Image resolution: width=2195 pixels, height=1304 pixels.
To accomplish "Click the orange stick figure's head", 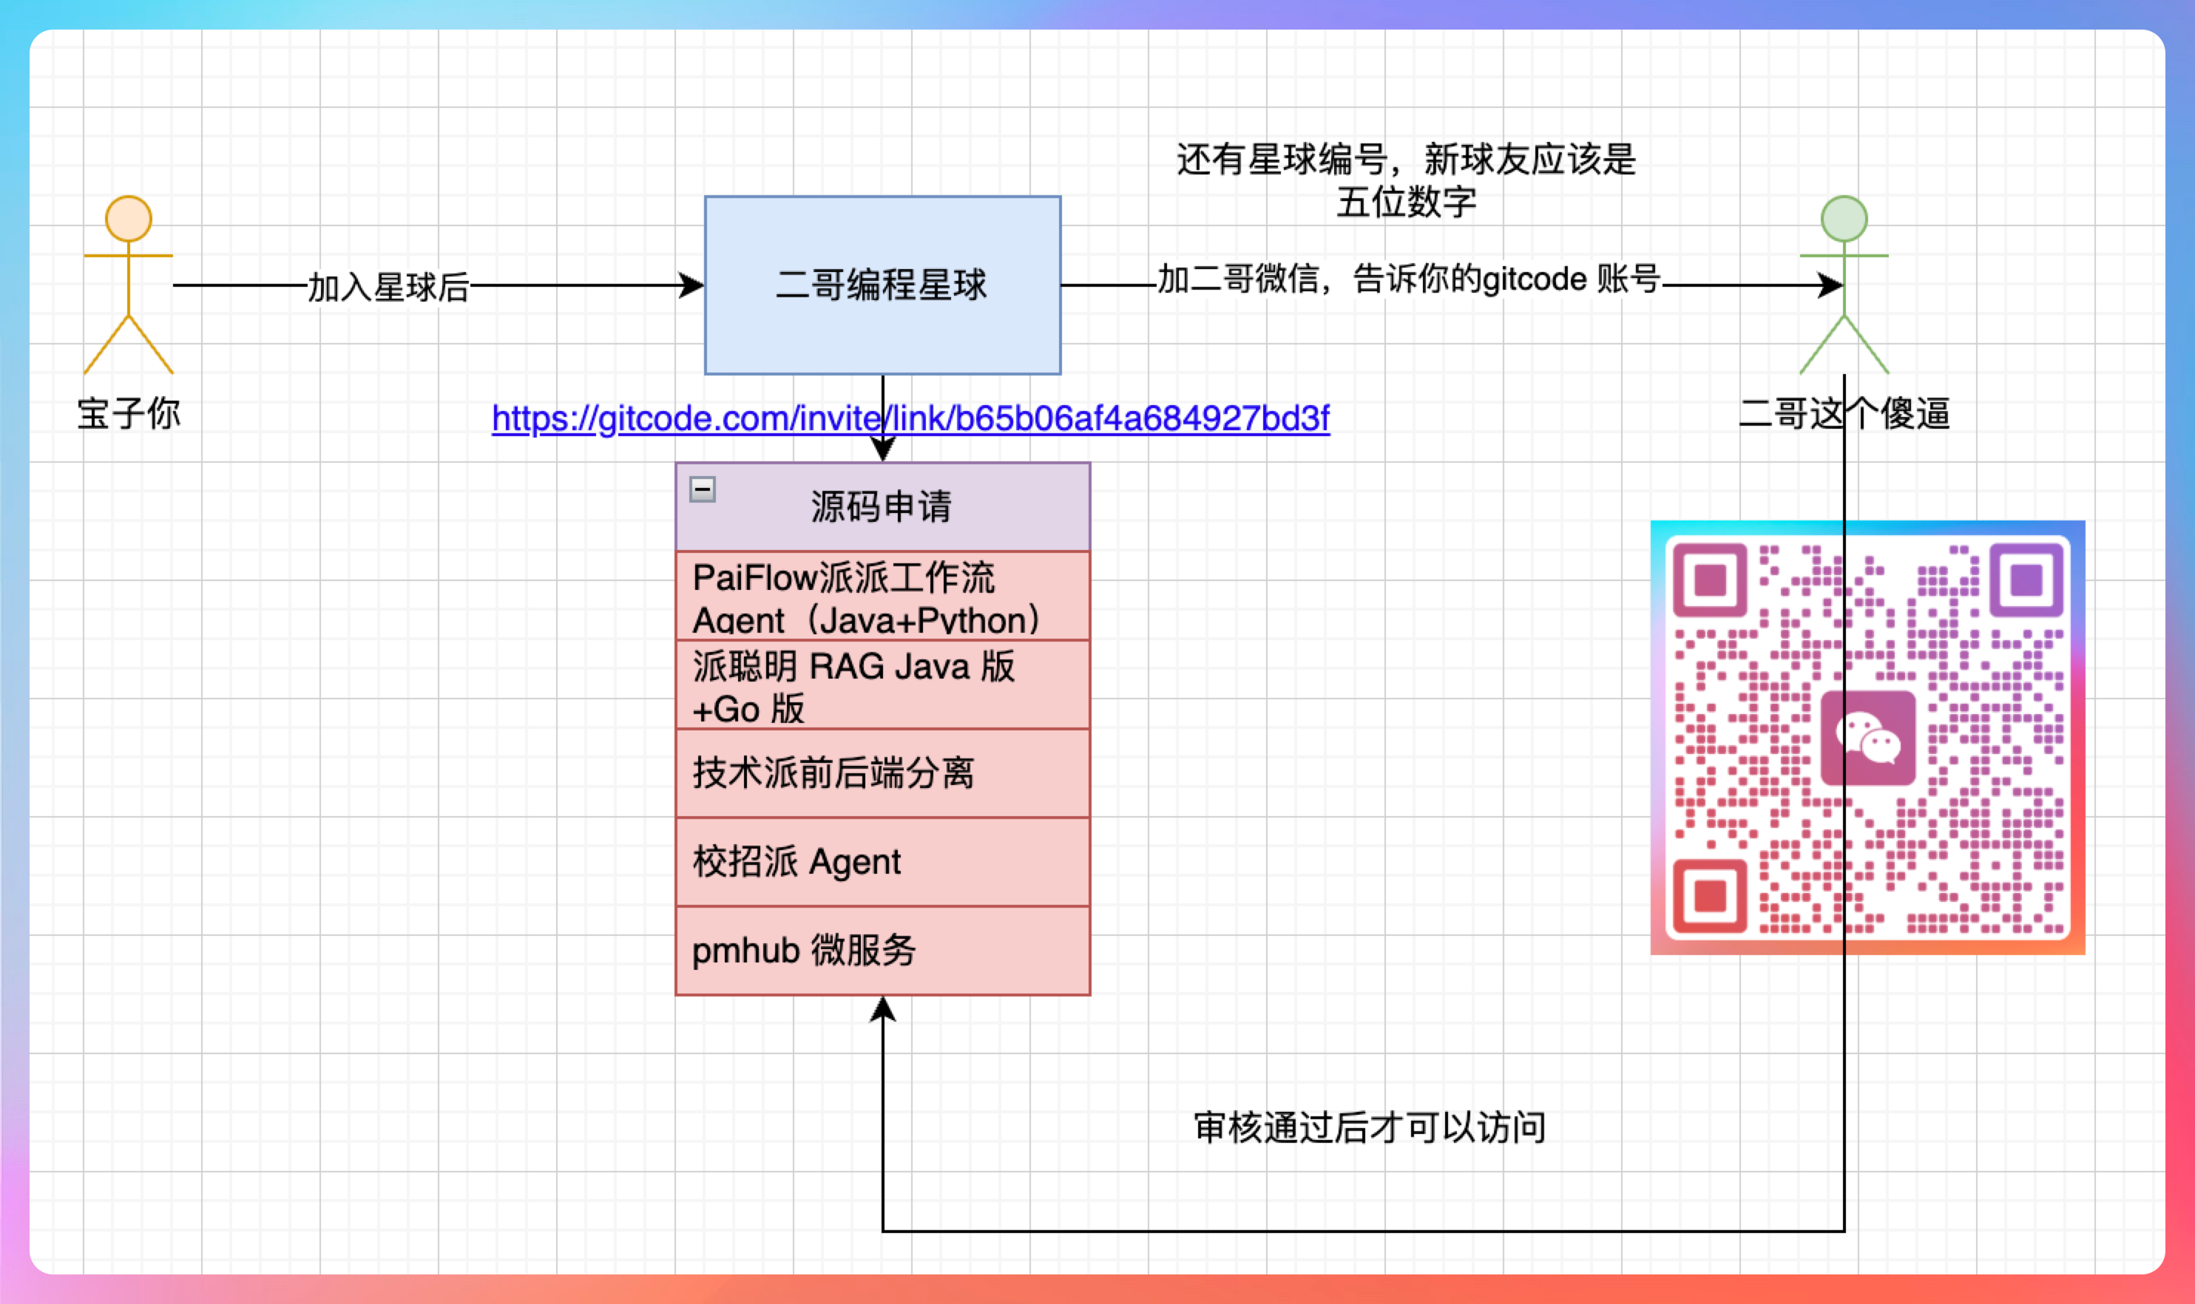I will point(129,219).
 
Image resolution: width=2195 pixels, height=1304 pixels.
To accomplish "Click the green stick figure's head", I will point(1844,219).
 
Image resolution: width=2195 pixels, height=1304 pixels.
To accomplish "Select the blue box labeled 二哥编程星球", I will point(882,325).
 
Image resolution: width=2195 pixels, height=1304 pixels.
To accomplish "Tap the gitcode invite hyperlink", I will point(910,418).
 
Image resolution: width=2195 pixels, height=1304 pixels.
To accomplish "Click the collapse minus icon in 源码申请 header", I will point(703,489).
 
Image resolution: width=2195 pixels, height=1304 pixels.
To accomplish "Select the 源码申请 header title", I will point(881,507).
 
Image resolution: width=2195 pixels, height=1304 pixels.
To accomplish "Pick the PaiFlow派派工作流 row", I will point(882,597).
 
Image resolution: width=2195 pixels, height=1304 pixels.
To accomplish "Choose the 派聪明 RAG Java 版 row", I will point(882,685).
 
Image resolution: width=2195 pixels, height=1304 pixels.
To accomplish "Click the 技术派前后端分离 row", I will point(882,773).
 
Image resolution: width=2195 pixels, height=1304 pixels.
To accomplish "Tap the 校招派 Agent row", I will point(882,862).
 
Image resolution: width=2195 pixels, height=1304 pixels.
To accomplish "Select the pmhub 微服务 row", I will point(882,951).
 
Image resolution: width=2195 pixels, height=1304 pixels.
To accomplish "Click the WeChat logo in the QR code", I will point(1868,738).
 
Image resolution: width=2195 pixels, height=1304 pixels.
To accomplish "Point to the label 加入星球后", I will point(388,287).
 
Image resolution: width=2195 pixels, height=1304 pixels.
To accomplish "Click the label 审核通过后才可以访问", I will point(1369,1127).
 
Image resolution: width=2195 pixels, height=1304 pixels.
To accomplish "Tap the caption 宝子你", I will point(129,413).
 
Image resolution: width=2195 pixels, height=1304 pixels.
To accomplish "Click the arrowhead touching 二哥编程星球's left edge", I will point(691,285).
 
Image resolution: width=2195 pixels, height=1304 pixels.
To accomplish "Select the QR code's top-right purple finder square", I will point(2026,580).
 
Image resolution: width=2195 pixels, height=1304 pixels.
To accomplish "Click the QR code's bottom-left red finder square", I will point(1710,896).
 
